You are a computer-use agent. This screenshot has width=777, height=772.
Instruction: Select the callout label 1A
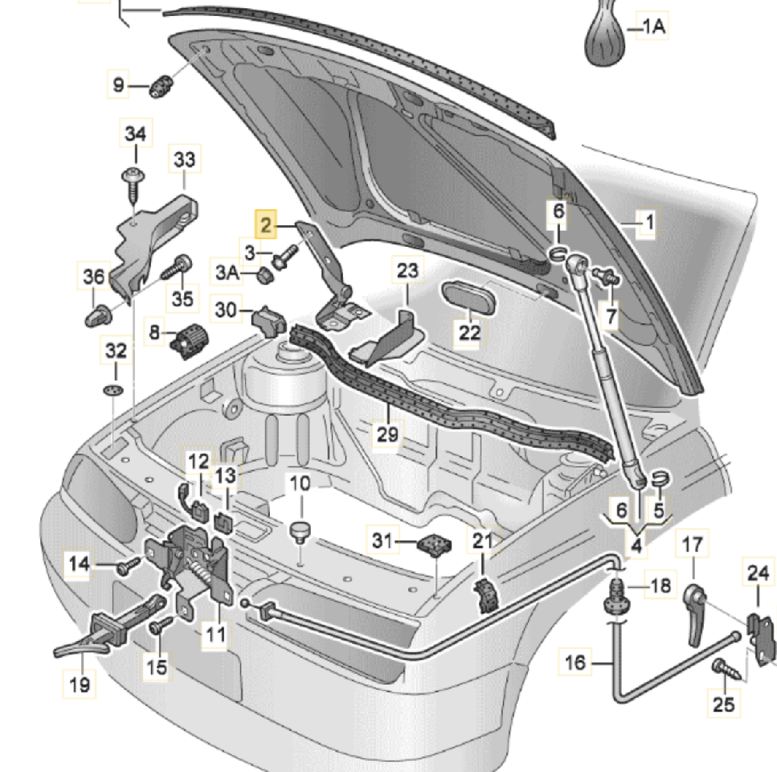point(652,27)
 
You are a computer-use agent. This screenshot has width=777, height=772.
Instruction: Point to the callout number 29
point(388,435)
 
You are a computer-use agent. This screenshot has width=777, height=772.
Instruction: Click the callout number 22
point(470,331)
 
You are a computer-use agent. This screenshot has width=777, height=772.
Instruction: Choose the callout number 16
point(575,663)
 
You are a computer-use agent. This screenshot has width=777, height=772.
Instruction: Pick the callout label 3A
point(227,274)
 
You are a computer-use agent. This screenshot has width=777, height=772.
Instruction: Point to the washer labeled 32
point(115,390)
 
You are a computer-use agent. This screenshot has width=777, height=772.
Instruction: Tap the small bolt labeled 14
point(125,568)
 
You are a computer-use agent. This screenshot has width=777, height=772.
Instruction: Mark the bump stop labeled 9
point(161,84)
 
